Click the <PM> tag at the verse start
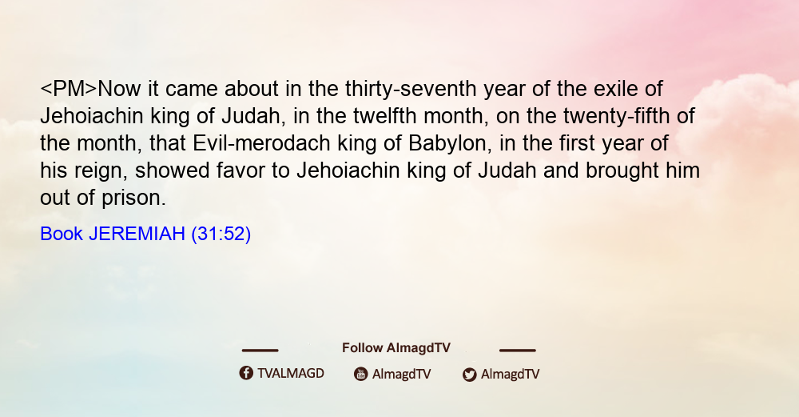click(68, 89)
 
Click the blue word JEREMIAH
click(137, 234)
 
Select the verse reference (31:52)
click(221, 234)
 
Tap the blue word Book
click(62, 234)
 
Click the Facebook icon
click(246, 373)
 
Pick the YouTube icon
click(361, 374)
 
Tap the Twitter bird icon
click(469, 375)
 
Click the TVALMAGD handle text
click(291, 374)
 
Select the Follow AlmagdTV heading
click(396, 348)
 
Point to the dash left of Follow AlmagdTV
click(260, 350)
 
